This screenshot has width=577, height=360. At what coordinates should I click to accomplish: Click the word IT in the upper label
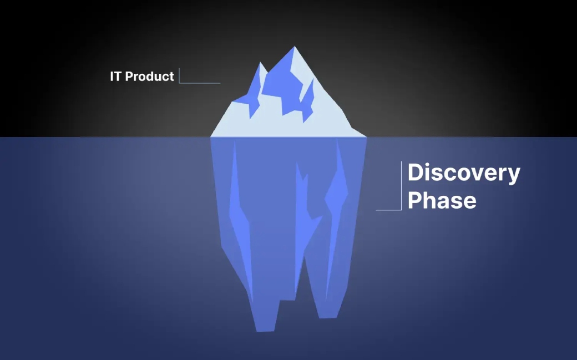coord(116,77)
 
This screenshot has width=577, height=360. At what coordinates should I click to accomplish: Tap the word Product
coord(149,77)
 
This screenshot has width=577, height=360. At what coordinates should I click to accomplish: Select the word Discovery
coord(463,173)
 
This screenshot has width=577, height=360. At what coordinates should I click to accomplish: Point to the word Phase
coord(442,200)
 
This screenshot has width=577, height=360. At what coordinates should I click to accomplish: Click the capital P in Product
coord(129,77)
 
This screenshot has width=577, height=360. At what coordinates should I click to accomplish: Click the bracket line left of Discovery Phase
coord(401,186)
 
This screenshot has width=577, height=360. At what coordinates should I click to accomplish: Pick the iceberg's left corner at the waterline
coord(211,136)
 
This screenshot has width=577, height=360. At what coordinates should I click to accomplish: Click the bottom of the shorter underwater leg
coord(327,317)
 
